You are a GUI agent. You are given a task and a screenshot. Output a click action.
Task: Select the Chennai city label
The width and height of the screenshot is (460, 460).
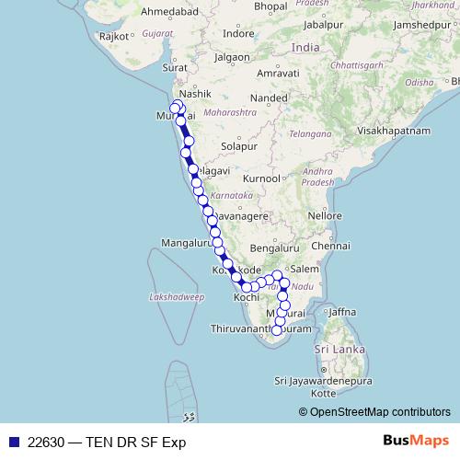[330, 247]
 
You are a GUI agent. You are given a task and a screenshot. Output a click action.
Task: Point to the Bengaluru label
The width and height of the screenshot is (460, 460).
[270, 248]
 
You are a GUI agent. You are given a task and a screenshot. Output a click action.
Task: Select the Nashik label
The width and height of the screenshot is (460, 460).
[197, 94]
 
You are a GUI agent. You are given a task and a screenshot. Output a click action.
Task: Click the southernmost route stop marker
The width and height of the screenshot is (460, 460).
[276, 330]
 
